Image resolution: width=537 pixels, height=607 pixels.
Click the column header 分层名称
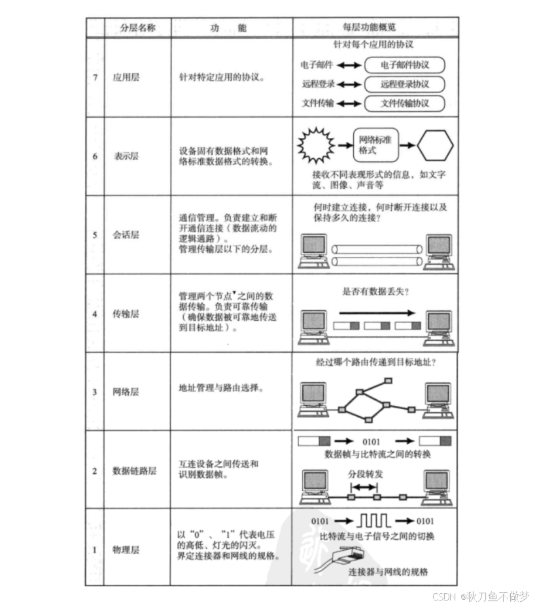click(137, 28)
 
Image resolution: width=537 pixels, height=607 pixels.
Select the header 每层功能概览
click(369, 27)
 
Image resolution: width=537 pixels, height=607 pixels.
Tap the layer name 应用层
click(126, 77)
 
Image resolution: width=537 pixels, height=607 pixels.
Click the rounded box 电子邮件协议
click(404, 65)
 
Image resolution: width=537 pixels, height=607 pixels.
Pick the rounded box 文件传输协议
click(404, 103)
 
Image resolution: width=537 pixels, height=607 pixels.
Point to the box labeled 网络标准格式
click(376, 145)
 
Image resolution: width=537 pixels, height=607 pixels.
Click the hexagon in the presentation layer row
click(435, 145)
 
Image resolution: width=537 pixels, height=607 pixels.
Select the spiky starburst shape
click(316, 145)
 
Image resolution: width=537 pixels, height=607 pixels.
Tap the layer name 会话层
click(126, 235)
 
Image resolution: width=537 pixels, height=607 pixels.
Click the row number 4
click(95, 314)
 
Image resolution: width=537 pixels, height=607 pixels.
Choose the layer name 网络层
click(126, 392)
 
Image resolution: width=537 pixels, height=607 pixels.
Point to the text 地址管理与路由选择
click(221, 388)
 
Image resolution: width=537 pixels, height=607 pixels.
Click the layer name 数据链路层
click(135, 471)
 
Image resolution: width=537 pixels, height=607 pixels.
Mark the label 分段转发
click(365, 474)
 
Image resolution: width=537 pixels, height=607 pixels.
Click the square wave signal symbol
click(373, 521)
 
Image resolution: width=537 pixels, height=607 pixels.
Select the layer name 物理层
click(126, 550)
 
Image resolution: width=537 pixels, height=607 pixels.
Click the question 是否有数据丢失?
click(375, 291)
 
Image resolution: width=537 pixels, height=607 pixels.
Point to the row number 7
click(95, 77)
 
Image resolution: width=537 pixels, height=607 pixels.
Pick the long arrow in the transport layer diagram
click(377, 313)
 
